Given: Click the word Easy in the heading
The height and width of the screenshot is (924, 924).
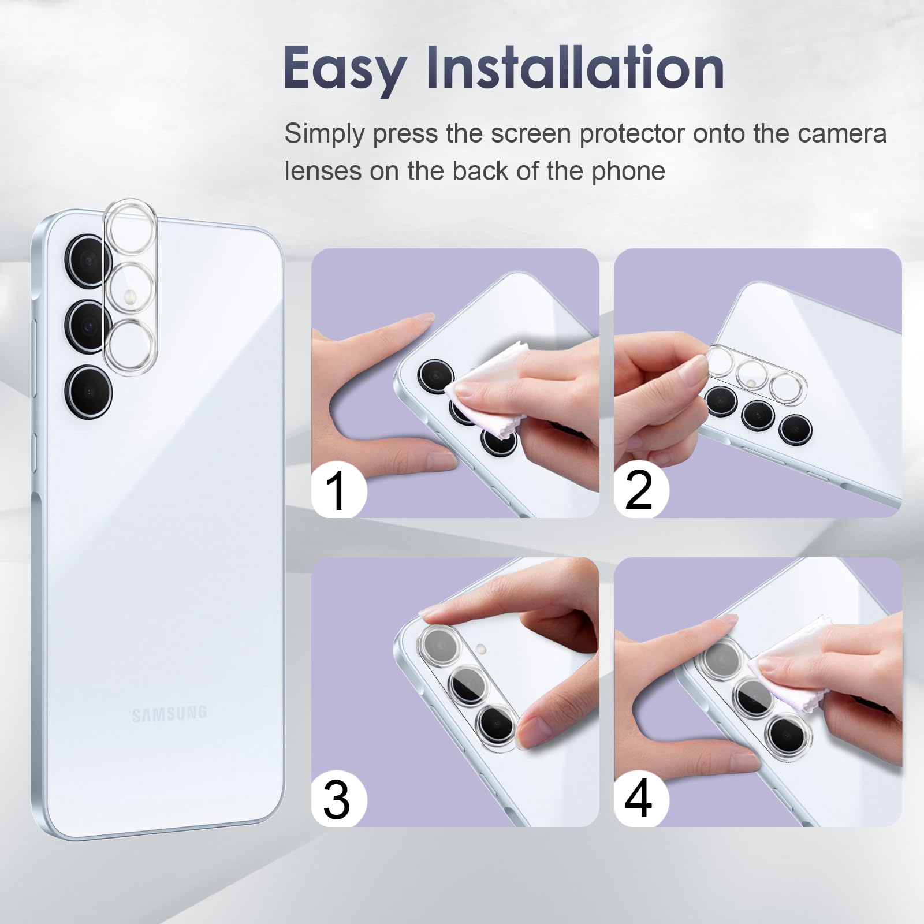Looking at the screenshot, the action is point(344,70).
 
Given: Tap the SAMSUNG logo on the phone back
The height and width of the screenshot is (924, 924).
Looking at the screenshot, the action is point(169,714).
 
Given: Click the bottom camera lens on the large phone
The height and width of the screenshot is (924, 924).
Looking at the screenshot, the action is point(88,391).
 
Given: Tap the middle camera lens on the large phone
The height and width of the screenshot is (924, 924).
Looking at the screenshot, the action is point(88,326).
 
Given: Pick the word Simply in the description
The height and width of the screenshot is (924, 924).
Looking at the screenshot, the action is point(325,135).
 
